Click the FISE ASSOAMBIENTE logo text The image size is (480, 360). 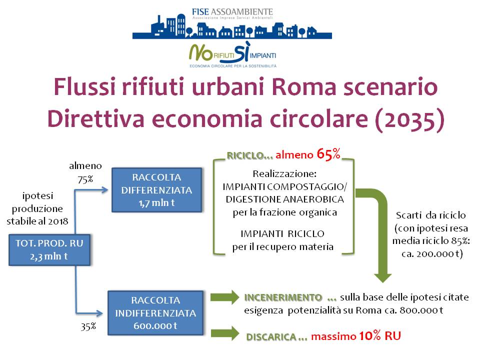click(232, 12)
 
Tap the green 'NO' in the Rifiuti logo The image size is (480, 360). click(200, 52)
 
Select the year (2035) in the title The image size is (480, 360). click(409, 119)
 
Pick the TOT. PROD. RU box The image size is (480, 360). click(49, 250)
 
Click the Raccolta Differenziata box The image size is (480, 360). click(156, 190)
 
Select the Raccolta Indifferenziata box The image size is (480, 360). click(155, 313)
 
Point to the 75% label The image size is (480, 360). click(85, 179)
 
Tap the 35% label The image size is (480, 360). click(88, 326)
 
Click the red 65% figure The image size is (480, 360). click(328, 154)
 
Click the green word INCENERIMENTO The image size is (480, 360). click(283, 297)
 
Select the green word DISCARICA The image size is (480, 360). click(271, 336)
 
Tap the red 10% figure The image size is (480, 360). click(370, 336)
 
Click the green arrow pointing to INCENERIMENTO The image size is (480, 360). click(224, 297)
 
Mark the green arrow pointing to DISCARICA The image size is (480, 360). click(225, 333)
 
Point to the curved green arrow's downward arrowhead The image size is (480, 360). click(382, 277)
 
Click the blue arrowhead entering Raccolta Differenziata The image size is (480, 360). click(105, 190)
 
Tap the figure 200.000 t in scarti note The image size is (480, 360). click(438, 254)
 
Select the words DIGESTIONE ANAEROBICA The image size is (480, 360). click(284, 199)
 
